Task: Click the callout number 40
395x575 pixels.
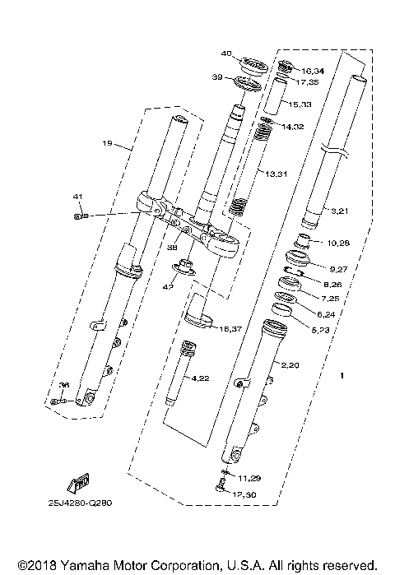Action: [227, 54]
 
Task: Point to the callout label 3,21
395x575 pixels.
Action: [341, 212]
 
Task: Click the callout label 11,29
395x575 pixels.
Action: [249, 478]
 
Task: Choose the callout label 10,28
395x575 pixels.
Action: [339, 243]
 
